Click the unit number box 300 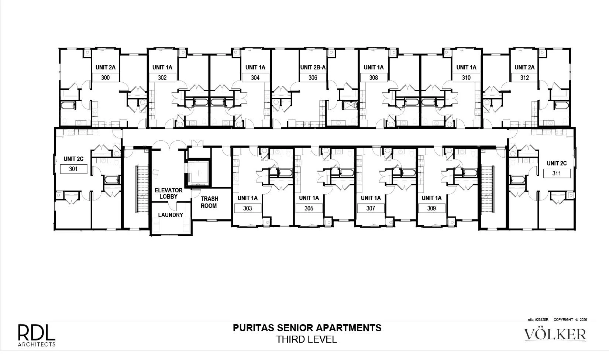click(x=105, y=78)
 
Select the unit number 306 click(x=313, y=78)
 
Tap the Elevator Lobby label click(x=169, y=193)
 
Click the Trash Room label click(x=209, y=202)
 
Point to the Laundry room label click(x=171, y=215)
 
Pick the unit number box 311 click(x=557, y=173)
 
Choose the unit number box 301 click(x=73, y=169)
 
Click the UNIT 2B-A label click(x=313, y=68)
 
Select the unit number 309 click(x=431, y=208)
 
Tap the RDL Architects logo click(x=37, y=335)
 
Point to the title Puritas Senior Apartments click(x=307, y=328)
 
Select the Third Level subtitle click(x=307, y=339)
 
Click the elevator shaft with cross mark click(x=199, y=173)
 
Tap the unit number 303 click(x=247, y=208)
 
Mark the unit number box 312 click(x=524, y=78)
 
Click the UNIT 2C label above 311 click(x=557, y=163)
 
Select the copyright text click(x=570, y=319)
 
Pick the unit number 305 click(x=309, y=208)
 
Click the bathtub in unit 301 click(x=111, y=180)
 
